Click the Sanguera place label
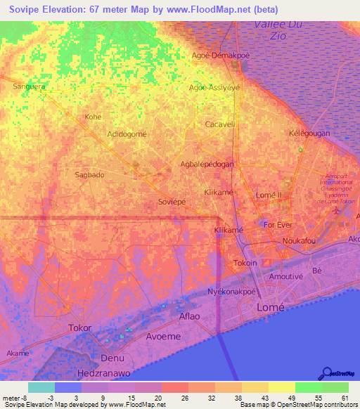pyautogui.click(x=29, y=86)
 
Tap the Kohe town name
pyautogui.click(x=93, y=117)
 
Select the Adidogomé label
pyautogui.click(x=127, y=134)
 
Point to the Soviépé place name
pyautogui.click(x=172, y=201)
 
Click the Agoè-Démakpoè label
pyautogui.click(x=221, y=55)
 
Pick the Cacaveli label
pyautogui.click(x=219, y=124)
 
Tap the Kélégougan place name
pyautogui.click(x=309, y=133)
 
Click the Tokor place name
pyautogui.click(x=80, y=328)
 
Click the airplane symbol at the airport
pyautogui.click(x=338, y=210)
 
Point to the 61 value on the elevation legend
pyautogui.click(x=345, y=398)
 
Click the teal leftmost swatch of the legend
pyautogui.click(x=41, y=387)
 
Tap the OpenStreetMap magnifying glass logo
pyautogui.click(x=326, y=373)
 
